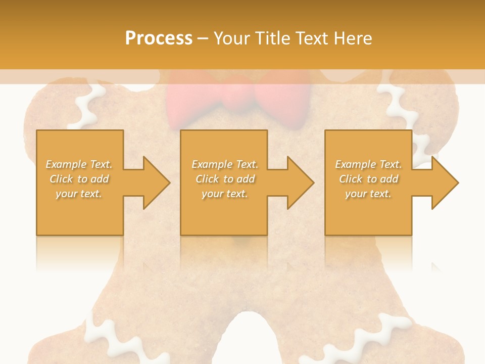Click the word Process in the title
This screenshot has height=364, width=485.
point(159,38)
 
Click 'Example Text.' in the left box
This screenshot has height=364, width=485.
point(79,164)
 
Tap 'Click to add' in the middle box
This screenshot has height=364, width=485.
point(225,179)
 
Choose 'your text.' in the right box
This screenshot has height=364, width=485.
point(368,194)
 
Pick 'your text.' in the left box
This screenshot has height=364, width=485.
point(79,194)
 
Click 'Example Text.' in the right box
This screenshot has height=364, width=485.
point(368,164)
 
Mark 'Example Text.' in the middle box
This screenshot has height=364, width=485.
point(225,164)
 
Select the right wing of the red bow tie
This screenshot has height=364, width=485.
point(283,101)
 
